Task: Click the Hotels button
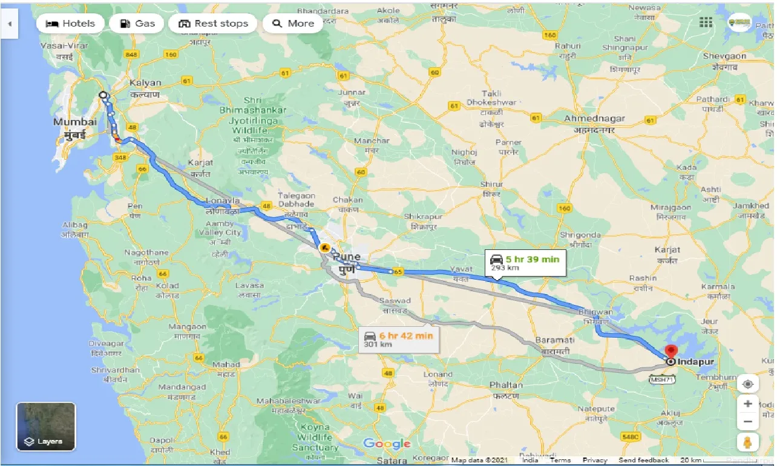(x=70, y=24)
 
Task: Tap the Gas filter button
(x=137, y=24)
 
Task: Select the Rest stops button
(x=214, y=24)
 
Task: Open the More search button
(x=293, y=24)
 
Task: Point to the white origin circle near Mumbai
(x=103, y=95)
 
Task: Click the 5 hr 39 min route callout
(x=525, y=262)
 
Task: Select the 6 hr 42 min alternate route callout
(x=399, y=339)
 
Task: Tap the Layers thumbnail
(x=46, y=427)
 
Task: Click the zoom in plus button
(x=748, y=404)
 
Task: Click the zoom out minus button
(x=748, y=422)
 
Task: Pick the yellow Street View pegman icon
(x=748, y=442)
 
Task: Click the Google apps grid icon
(x=706, y=22)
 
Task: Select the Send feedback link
(x=644, y=460)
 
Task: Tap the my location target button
(x=748, y=385)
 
